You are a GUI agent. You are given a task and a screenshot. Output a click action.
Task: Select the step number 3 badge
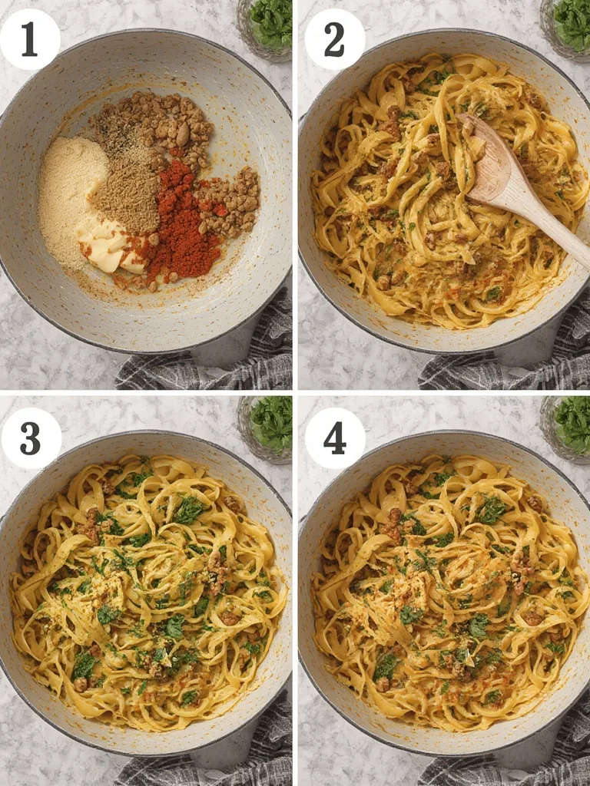tap(31, 438)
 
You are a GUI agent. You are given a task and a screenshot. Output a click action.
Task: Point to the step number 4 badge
tap(334, 438)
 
